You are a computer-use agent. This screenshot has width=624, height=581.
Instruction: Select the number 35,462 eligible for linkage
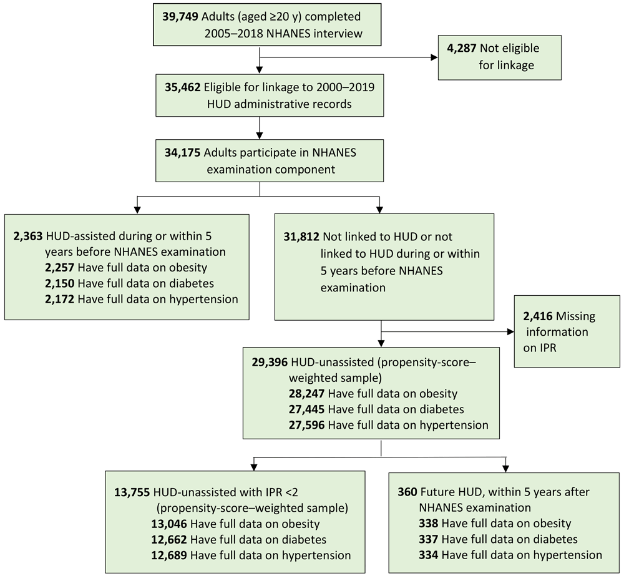click(183, 88)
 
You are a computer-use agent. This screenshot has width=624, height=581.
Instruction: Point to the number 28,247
click(306, 394)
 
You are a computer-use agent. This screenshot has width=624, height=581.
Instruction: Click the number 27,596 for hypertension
click(306, 426)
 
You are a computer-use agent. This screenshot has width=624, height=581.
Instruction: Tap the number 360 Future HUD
click(408, 492)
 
